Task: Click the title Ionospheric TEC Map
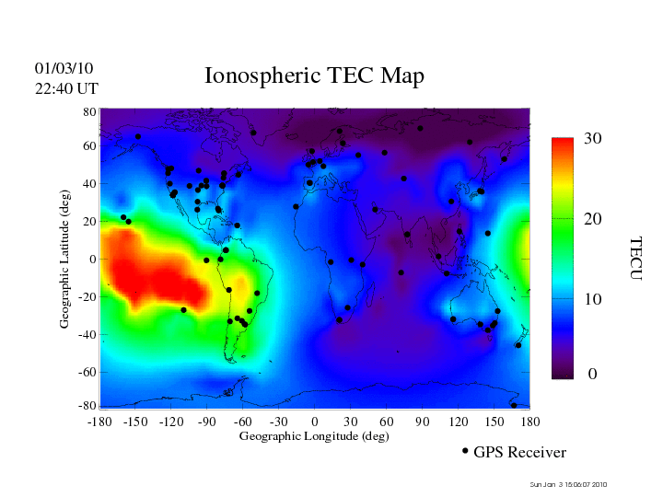[x=314, y=76]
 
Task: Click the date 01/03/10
[x=64, y=69]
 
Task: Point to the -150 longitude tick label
[x=134, y=422]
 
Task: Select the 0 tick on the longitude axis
[x=315, y=422]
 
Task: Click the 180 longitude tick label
[x=529, y=422]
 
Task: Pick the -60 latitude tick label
[x=87, y=373]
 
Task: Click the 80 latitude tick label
[x=90, y=111]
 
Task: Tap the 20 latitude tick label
[x=90, y=222]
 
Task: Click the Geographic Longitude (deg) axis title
[x=314, y=436]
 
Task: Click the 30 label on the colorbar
[x=592, y=139]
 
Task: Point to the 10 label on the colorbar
[x=592, y=300]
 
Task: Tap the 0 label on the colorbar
[x=593, y=375]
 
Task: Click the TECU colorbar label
[x=635, y=259]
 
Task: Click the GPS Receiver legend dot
[x=465, y=451]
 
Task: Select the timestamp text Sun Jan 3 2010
[x=568, y=485]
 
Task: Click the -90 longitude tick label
[x=206, y=422]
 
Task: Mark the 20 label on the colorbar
[x=593, y=221]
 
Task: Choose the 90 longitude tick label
[x=422, y=422]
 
